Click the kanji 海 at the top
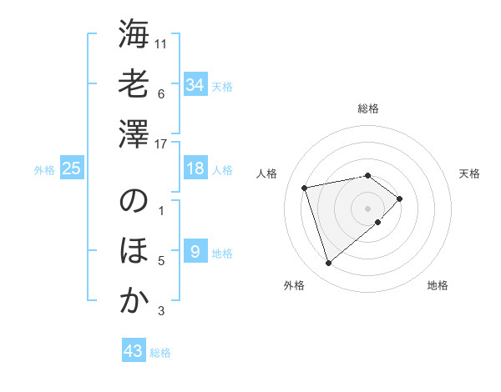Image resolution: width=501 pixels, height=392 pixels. coord(134,35)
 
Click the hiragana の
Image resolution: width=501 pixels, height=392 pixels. coord(134,203)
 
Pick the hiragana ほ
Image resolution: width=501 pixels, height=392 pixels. coord(134,252)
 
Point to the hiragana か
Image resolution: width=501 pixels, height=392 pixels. coord(134,301)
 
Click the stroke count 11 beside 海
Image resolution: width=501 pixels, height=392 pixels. coord(162,43)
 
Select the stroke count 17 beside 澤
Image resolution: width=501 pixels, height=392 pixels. coord(162,143)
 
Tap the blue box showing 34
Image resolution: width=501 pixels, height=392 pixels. coord(195,84)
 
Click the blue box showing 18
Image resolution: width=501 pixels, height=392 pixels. coord(195,168)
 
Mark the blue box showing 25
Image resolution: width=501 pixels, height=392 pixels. coord(72,168)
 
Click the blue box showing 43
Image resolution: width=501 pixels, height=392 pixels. coord(134,351)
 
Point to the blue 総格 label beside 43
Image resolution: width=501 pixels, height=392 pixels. coord(160,353)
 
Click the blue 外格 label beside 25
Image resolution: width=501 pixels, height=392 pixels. coord(44,170)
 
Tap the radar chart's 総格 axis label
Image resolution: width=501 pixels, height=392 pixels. coord(367,108)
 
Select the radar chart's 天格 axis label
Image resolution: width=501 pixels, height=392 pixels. coord(470,173)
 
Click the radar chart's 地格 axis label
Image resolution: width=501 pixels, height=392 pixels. coord(438,286)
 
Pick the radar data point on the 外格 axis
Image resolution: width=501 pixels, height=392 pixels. coord(328,264)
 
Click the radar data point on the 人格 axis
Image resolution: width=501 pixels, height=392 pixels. coord(305,187)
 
